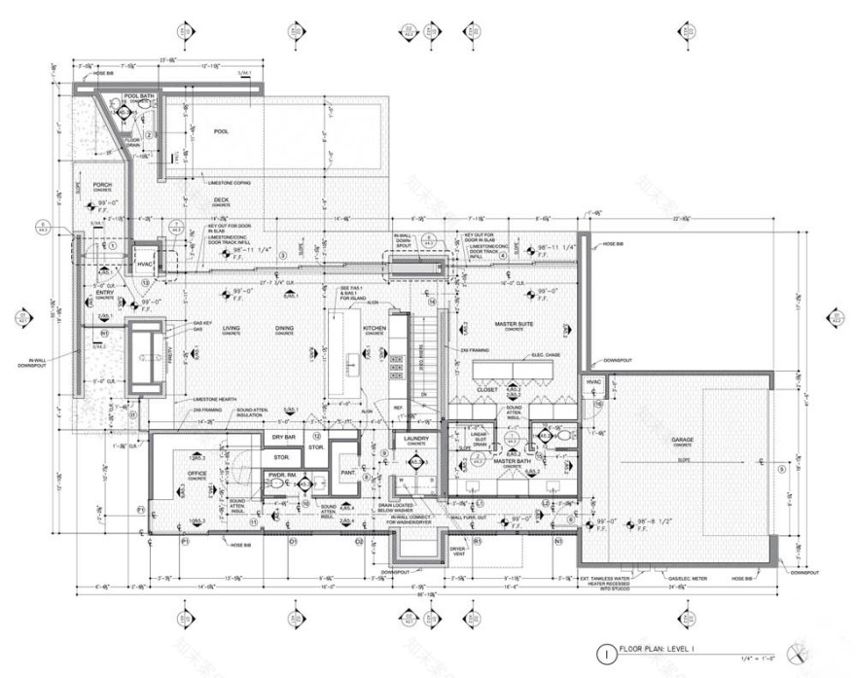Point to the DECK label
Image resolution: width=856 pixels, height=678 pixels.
click(221, 200)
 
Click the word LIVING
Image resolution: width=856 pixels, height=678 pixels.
click(231, 329)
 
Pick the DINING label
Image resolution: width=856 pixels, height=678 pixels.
click(284, 329)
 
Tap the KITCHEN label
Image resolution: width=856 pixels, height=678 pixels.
click(374, 329)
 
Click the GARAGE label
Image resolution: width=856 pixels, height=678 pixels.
click(682, 440)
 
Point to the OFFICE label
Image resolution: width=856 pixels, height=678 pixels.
click(196, 474)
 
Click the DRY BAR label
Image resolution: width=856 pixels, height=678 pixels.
click(281, 438)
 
